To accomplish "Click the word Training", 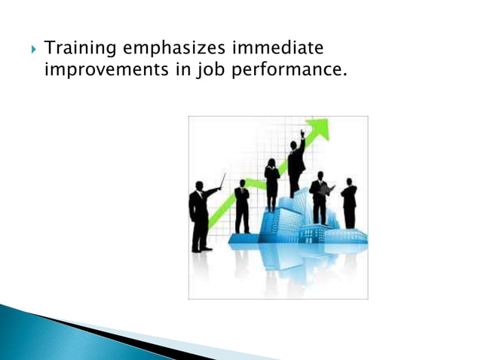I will [77, 49].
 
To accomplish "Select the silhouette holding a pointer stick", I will [199, 215].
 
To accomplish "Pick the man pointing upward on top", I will [296, 166].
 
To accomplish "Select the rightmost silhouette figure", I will [348, 203].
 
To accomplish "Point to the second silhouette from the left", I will [241, 205].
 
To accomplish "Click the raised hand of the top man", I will [302, 133].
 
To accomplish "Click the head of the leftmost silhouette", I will [199, 185].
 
